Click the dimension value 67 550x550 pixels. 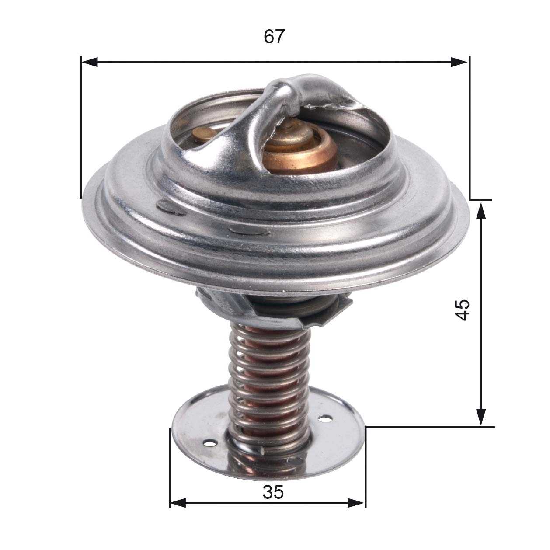tap(274, 37)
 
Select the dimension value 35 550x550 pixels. tap(273, 493)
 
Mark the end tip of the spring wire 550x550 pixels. tap(261, 450)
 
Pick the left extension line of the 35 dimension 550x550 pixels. tap(170, 468)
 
